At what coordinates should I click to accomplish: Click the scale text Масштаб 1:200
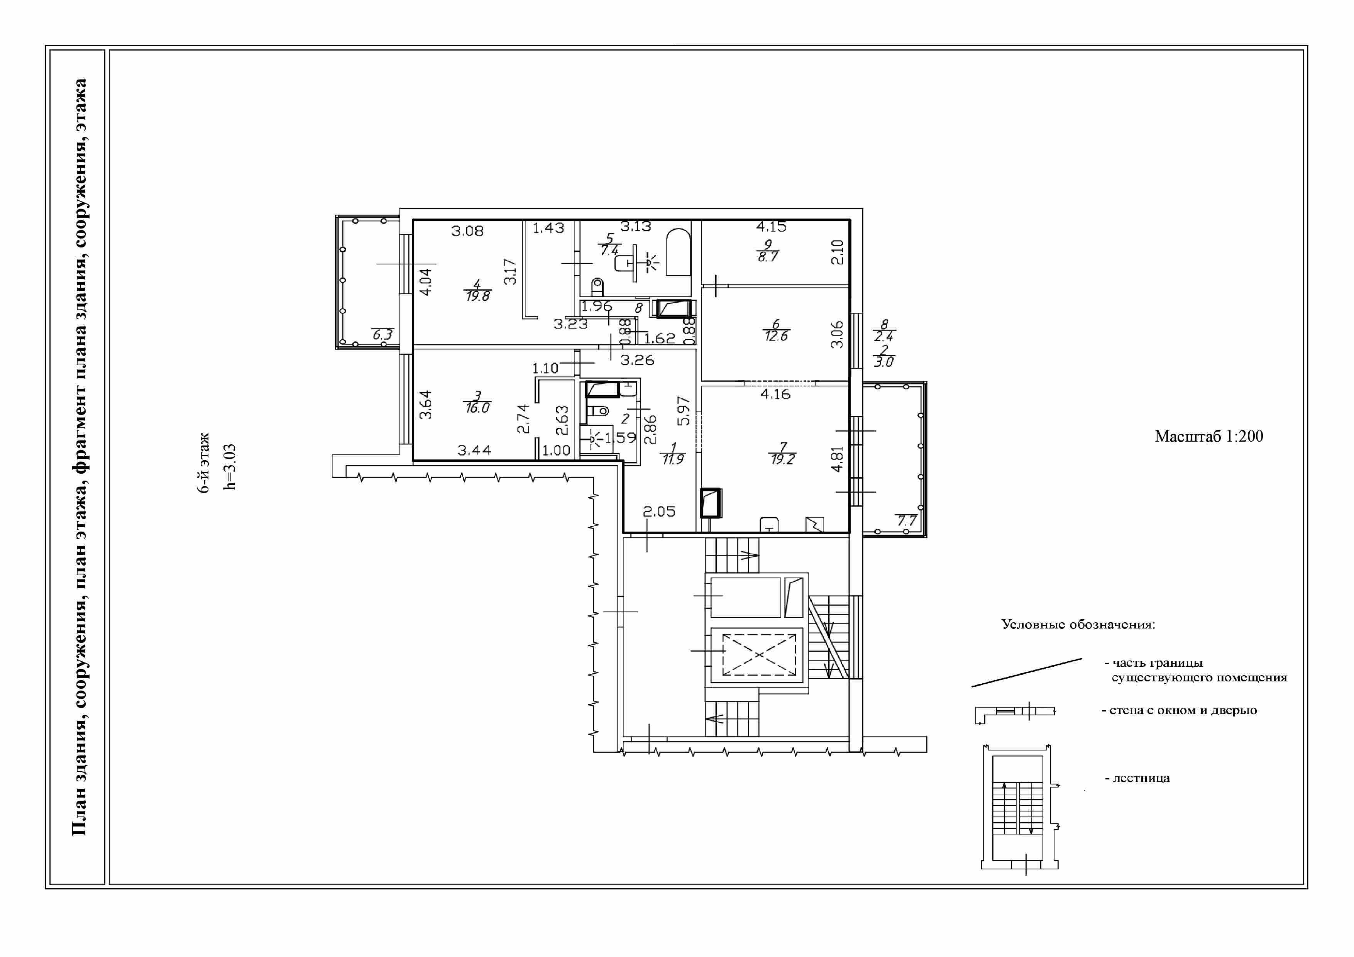point(1208,436)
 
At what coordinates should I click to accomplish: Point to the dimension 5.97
point(684,411)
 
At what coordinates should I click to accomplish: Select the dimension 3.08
point(468,231)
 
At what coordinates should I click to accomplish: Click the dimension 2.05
point(659,512)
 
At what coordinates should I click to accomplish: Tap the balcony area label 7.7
point(906,521)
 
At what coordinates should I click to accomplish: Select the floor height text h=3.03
point(230,467)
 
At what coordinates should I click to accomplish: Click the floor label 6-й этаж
point(204,463)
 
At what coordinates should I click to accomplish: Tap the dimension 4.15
point(771,227)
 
